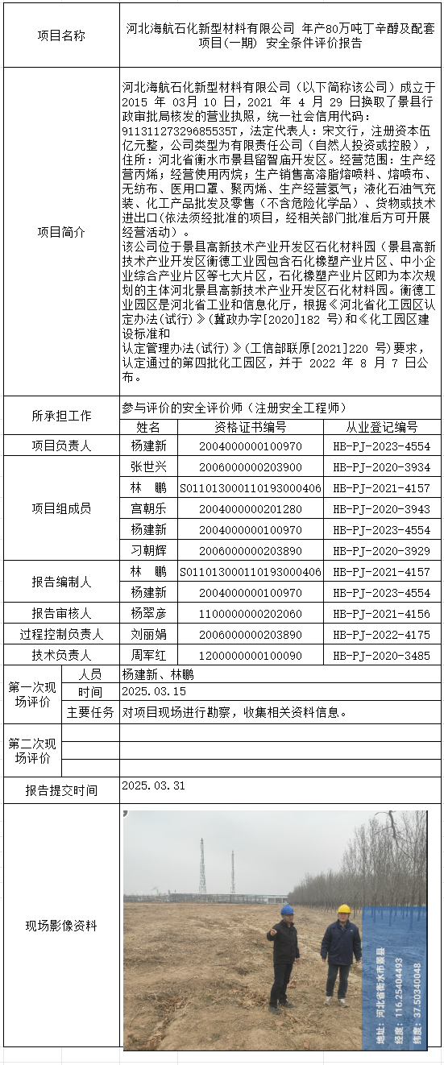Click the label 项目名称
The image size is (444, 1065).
pos(61,35)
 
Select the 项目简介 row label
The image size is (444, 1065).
pos(61,231)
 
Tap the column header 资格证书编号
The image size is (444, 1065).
pos(250,427)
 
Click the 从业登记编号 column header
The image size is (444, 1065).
pos(381,427)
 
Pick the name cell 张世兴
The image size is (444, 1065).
pos(148,467)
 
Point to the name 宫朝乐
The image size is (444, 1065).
pos(148,509)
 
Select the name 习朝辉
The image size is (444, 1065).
pos(148,551)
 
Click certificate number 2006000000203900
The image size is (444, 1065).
pos(250,467)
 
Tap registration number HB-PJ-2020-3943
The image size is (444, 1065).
pos(381,509)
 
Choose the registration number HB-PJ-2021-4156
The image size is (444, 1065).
pos(381,614)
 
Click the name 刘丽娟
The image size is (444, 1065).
pos(148,635)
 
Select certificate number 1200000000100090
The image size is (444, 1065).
pos(250,656)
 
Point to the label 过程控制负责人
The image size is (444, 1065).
pos(61,635)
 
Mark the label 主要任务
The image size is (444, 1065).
pos(90,712)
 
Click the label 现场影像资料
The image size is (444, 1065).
pos(61,926)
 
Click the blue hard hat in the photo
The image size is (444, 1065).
pos(287,910)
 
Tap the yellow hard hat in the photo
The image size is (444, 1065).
pos(344,910)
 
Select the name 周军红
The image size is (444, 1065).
pos(148,656)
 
